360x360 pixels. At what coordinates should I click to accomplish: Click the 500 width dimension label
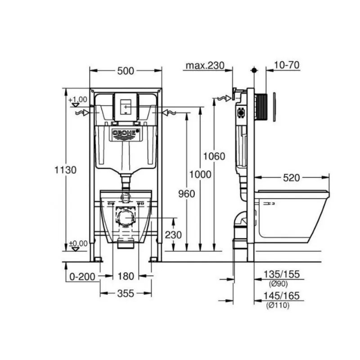[x=126, y=71]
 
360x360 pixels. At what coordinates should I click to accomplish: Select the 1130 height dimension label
[x=65, y=170]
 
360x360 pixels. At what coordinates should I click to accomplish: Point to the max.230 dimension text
[x=205, y=66]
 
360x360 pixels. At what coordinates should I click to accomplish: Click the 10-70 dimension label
[x=287, y=65]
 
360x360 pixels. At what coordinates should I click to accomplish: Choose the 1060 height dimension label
[x=214, y=156]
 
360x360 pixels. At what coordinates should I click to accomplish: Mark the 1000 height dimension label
[x=200, y=175]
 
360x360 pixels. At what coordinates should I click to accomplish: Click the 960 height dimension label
[x=187, y=194]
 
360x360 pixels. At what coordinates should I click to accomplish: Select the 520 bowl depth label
[x=291, y=178]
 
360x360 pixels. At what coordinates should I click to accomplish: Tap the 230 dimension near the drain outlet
[x=173, y=235]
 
